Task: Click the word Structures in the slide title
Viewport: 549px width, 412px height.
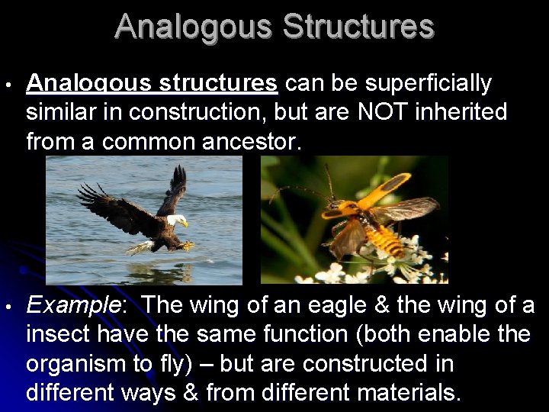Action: tap(358, 27)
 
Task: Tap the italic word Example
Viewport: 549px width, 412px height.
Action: tap(73, 306)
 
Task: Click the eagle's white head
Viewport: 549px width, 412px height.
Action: tap(176, 220)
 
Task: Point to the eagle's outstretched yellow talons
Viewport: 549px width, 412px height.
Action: tap(185, 245)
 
